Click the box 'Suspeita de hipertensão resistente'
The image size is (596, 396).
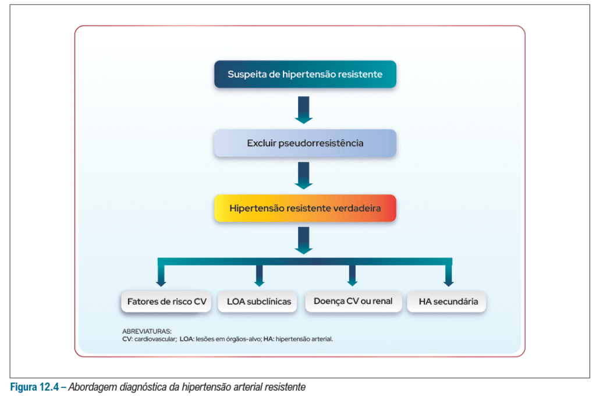[x=305, y=75]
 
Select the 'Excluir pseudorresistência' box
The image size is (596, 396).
[x=305, y=143]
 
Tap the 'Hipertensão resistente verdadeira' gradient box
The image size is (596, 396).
[x=305, y=208]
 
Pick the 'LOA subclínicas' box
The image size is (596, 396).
[x=258, y=302]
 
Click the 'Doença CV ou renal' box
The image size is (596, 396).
[x=353, y=302]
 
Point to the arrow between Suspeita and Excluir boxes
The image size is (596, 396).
[x=304, y=110]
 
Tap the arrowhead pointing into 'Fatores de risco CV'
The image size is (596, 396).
[x=161, y=282]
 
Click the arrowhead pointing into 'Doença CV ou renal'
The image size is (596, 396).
[x=352, y=282]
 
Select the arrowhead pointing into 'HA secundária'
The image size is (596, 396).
[x=448, y=282]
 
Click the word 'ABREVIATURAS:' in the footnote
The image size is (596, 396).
[x=143, y=331]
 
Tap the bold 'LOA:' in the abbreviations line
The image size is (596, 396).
[x=186, y=338]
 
